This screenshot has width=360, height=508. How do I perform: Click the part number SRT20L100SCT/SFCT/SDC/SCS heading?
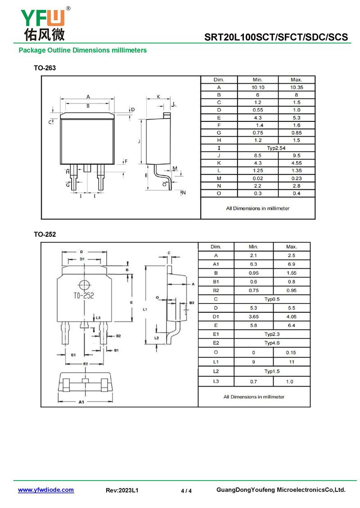tap(276, 37)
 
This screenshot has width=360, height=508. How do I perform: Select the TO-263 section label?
tap(45, 68)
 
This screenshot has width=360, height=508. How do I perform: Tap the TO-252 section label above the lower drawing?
tap(45, 234)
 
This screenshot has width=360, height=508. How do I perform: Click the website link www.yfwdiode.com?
tap(45, 490)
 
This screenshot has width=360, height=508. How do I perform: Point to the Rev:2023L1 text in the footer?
tap(122, 490)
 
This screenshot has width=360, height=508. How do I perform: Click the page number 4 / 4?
tap(186, 491)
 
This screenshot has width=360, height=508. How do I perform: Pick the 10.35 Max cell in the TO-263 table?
tap(296, 87)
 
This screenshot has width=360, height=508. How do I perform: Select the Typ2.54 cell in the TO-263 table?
tap(276, 148)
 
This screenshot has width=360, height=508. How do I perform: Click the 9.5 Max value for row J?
tap(296, 156)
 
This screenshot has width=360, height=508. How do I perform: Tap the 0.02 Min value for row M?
tap(258, 178)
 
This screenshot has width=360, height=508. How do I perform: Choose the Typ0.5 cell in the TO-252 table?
tap(272, 299)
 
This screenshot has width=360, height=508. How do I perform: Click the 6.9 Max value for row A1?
tap(291, 264)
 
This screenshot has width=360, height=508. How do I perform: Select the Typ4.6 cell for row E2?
tap(272, 343)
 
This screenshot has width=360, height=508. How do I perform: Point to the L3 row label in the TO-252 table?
tap(216, 381)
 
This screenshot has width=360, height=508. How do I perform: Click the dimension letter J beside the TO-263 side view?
tap(139, 141)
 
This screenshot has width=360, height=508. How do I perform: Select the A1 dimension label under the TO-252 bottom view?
tap(81, 402)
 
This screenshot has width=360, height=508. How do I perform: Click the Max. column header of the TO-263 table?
tap(296, 80)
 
